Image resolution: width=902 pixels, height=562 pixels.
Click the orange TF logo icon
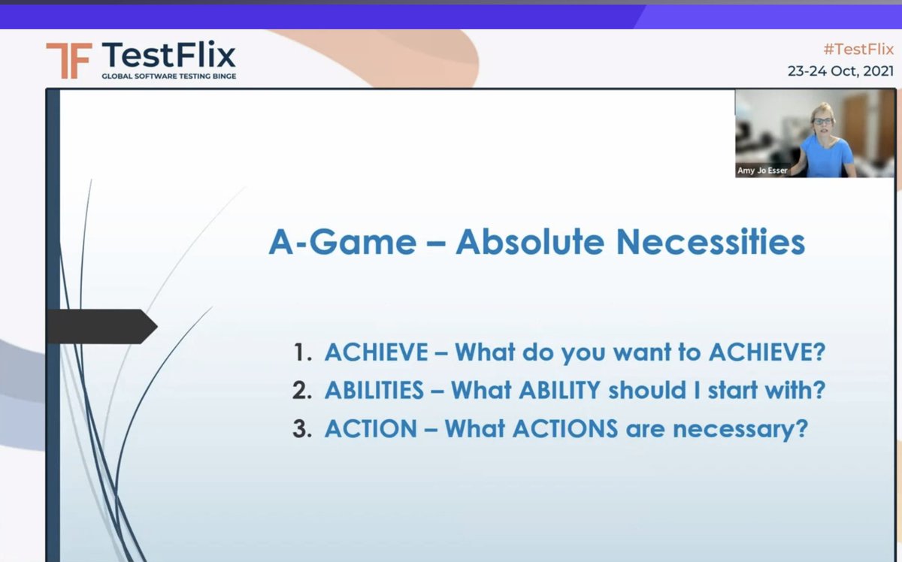click(69, 60)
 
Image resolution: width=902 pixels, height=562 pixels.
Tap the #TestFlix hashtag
click(858, 49)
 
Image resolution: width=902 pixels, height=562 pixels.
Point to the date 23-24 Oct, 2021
click(841, 71)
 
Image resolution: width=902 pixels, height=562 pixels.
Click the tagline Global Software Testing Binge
click(168, 76)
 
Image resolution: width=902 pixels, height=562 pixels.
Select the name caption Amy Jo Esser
click(762, 171)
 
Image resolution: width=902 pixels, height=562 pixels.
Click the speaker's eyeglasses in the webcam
click(822, 121)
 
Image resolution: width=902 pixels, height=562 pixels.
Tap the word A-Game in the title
click(343, 242)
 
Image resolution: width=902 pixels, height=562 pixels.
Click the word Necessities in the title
click(711, 242)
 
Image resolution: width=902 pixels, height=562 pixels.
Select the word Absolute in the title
click(530, 242)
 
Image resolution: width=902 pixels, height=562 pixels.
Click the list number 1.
click(302, 352)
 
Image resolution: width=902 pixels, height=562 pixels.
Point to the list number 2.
click(302, 390)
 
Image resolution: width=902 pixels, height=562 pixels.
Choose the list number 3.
click(302, 428)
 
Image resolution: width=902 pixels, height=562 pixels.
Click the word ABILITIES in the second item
click(374, 390)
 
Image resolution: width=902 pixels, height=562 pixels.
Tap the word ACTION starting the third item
click(371, 428)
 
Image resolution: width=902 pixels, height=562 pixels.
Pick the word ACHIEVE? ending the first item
click(767, 352)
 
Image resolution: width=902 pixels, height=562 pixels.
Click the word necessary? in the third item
click(740, 430)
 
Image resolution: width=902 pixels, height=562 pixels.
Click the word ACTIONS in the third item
click(565, 428)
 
